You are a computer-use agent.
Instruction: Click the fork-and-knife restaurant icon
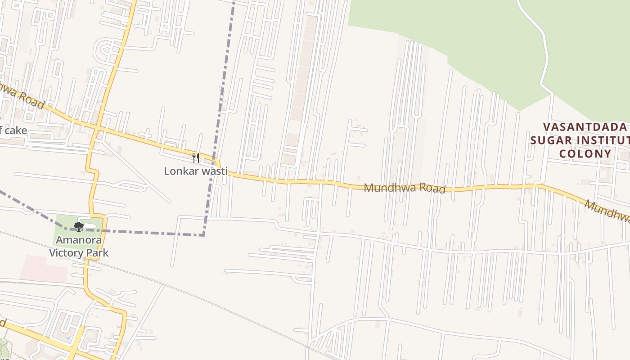pos(196,157)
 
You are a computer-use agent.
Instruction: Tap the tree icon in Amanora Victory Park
pos(79,226)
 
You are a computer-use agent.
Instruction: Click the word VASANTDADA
pos(585,127)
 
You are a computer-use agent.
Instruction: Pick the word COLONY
pos(585,154)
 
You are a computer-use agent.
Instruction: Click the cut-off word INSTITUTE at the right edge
pos(603,140)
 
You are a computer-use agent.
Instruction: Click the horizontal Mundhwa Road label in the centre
pos(405,188)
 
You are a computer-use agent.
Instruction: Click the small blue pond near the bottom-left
pos(67,337)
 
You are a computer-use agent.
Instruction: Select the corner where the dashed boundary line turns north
pos(203,234)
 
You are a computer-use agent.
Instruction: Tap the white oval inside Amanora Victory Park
pos(90,225)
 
